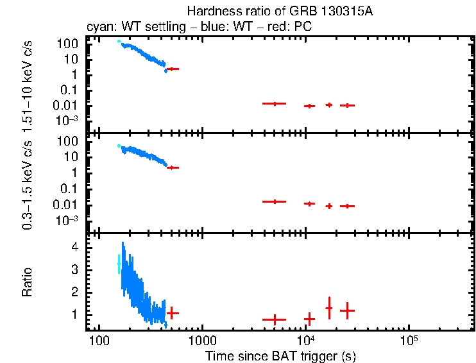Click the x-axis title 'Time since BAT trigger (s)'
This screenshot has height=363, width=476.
tap(280, 355)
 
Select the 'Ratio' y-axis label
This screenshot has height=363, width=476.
tap(28, 282)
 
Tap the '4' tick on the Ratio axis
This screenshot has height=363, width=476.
tap(74, 247)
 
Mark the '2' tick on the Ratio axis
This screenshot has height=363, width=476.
tap(74, 292)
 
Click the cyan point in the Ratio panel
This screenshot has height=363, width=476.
tap(119, 264)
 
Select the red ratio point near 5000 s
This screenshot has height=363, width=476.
tap(274, 319)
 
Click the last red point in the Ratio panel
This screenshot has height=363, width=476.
tap(347, 310)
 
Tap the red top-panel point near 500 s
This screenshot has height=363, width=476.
tap(172, 69)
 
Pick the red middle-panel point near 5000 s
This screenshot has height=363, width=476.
tap(274, 201)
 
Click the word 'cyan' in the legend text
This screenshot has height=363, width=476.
tap(98, 28)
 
